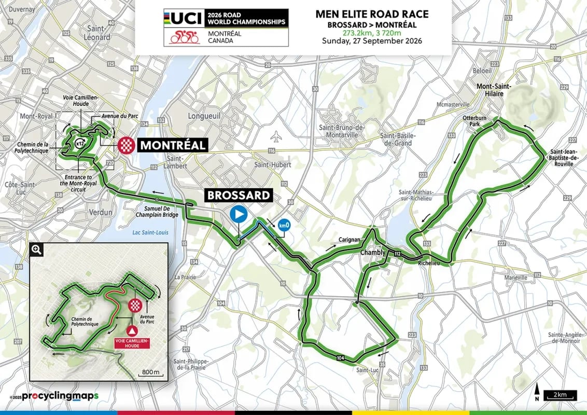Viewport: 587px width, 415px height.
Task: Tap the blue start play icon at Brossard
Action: click(239, 214)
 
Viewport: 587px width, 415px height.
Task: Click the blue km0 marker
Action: click(284, 226)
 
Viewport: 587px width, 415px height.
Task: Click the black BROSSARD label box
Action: click(239, 195)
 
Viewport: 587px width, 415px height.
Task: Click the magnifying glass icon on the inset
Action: click(36, 250)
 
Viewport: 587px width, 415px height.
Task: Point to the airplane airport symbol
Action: click(275, 138)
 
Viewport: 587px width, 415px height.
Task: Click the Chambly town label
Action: click(373, 253)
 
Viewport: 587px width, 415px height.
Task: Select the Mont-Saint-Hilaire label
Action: click(496, 90)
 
